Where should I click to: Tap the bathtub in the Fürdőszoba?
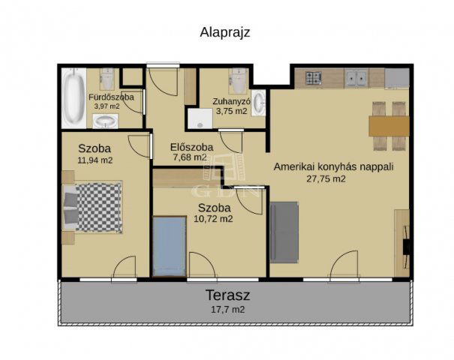coord(73,98)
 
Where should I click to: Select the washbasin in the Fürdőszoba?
coord(107,122)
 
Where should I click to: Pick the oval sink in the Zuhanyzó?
coord(259,103)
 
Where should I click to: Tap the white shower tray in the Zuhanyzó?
coord(200,118)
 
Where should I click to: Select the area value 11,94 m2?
coord(95,160)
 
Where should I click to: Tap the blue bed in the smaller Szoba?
coord(169,247)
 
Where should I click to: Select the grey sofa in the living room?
coord(284,232)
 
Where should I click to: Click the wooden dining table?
coord(389,125)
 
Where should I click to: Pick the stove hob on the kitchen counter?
coord(313,76)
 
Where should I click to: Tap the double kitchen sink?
coord(356,76)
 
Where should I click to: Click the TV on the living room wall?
coord(406,247)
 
